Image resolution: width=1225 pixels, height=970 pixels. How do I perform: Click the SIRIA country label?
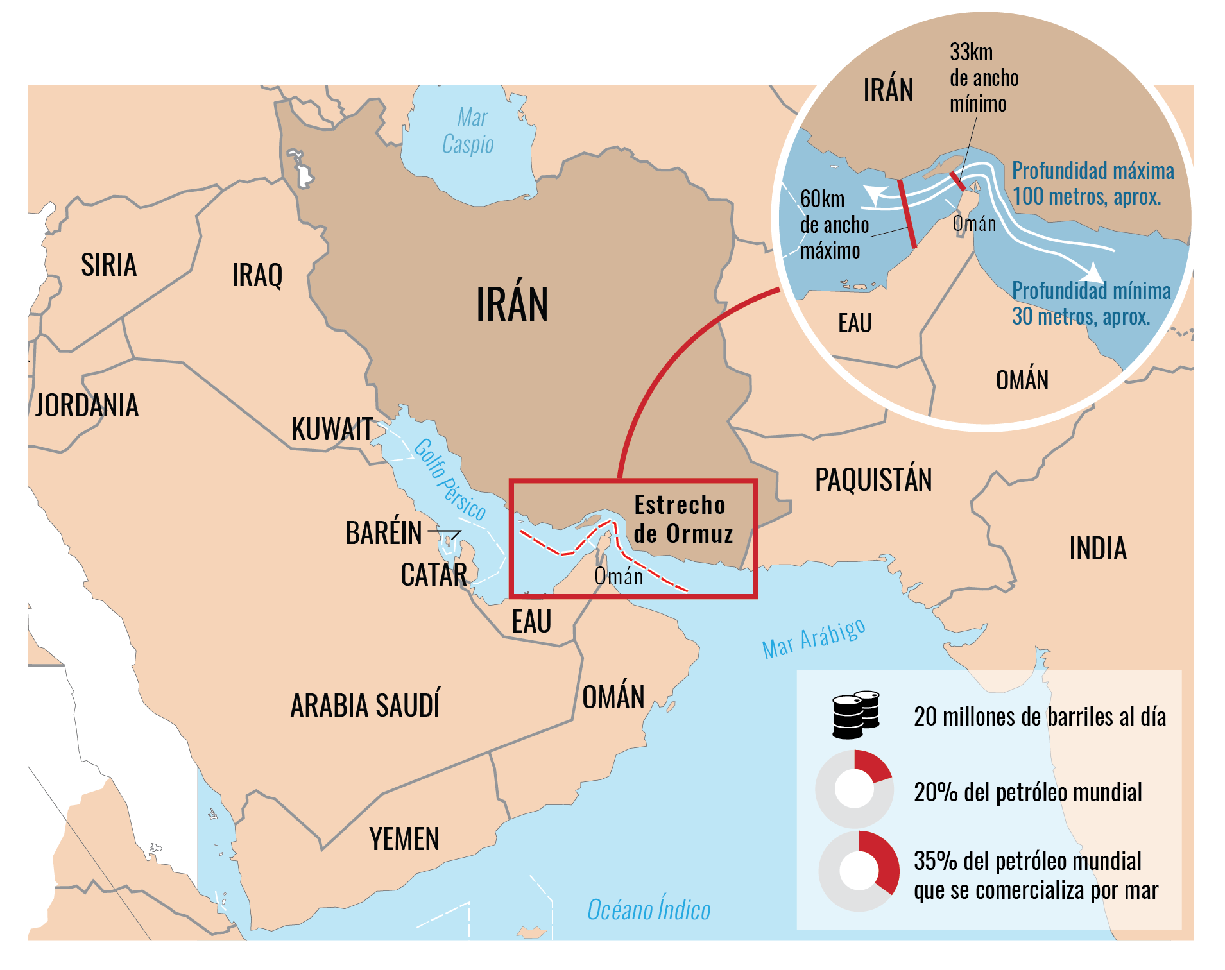tap(108, 265)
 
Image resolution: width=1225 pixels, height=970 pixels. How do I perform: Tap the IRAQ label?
tap(257, 275)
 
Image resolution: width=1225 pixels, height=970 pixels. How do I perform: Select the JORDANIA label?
tap(87, 405)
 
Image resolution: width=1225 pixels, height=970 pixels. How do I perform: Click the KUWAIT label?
tap(332, 429)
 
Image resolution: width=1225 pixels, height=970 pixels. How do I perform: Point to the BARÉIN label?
tap(383, 533)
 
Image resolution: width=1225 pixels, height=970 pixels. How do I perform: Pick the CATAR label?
tap(433, 575)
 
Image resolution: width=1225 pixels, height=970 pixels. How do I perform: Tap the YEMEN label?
tap(404, 839)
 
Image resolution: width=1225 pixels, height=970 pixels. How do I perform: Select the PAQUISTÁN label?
tap(873, 480)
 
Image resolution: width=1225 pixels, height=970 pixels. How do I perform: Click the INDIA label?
tap(1097, 549)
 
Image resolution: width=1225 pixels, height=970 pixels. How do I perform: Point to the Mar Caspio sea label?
tap(469, 132)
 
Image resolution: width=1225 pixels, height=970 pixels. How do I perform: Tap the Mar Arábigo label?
tap(813, 639)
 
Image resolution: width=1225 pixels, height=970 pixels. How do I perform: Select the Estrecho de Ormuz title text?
tap(683, 519)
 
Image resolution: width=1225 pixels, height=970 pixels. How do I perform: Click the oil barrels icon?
tap(855, 715)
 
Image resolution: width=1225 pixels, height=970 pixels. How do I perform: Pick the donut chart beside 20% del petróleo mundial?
tap(854, 788)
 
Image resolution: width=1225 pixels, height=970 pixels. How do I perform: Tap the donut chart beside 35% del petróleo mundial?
tap(859, 871)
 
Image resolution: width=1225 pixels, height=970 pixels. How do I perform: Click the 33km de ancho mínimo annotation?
tap(983, 78)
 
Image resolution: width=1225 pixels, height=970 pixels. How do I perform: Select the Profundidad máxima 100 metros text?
tap(1092, 183)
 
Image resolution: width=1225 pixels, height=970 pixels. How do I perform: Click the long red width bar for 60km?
tap(907, 214)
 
